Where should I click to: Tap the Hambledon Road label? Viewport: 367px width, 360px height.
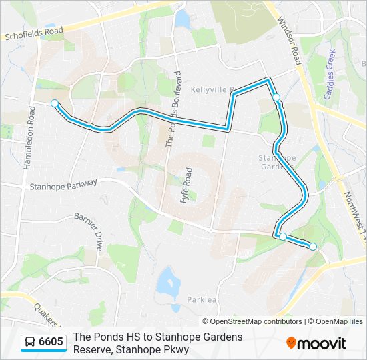coord(30,137)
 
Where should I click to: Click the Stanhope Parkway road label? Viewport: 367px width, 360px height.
coord(63,184)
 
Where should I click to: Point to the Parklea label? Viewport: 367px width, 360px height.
coord(202,299)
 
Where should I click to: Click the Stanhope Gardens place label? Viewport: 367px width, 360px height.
coord(277,162)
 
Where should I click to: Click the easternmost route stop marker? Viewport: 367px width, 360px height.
coord(312,247)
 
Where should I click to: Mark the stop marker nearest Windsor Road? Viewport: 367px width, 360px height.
coord(276,98)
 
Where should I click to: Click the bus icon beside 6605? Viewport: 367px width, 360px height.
coord(30,343)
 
